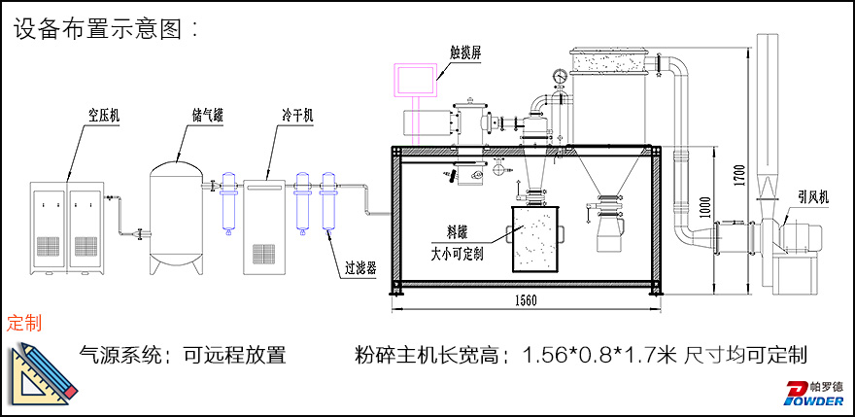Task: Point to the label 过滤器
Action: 359,261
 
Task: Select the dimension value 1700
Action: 741,175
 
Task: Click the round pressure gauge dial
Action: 560,75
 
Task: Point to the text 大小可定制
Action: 464,252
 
